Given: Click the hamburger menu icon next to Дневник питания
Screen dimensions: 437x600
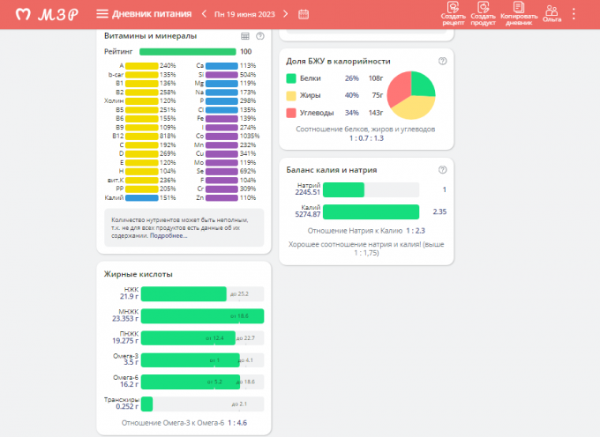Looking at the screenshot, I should (102, 14).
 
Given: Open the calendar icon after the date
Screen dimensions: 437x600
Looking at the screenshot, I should (304, 14).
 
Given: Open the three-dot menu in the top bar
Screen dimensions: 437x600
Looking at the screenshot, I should (574, 14).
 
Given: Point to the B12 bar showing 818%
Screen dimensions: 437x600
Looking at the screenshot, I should (141, 137).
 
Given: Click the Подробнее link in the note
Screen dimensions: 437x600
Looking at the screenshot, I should (169, 236).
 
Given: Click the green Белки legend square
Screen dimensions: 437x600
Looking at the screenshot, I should (292, 78).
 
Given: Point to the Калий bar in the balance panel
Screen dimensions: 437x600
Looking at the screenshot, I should (371, 211).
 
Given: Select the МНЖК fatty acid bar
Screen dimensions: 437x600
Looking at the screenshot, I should (202, 316).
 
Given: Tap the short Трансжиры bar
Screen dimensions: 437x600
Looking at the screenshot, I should (146, 404).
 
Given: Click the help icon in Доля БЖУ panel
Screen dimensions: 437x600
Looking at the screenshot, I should (442, 61).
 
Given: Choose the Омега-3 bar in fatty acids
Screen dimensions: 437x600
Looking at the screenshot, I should (190, 360).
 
